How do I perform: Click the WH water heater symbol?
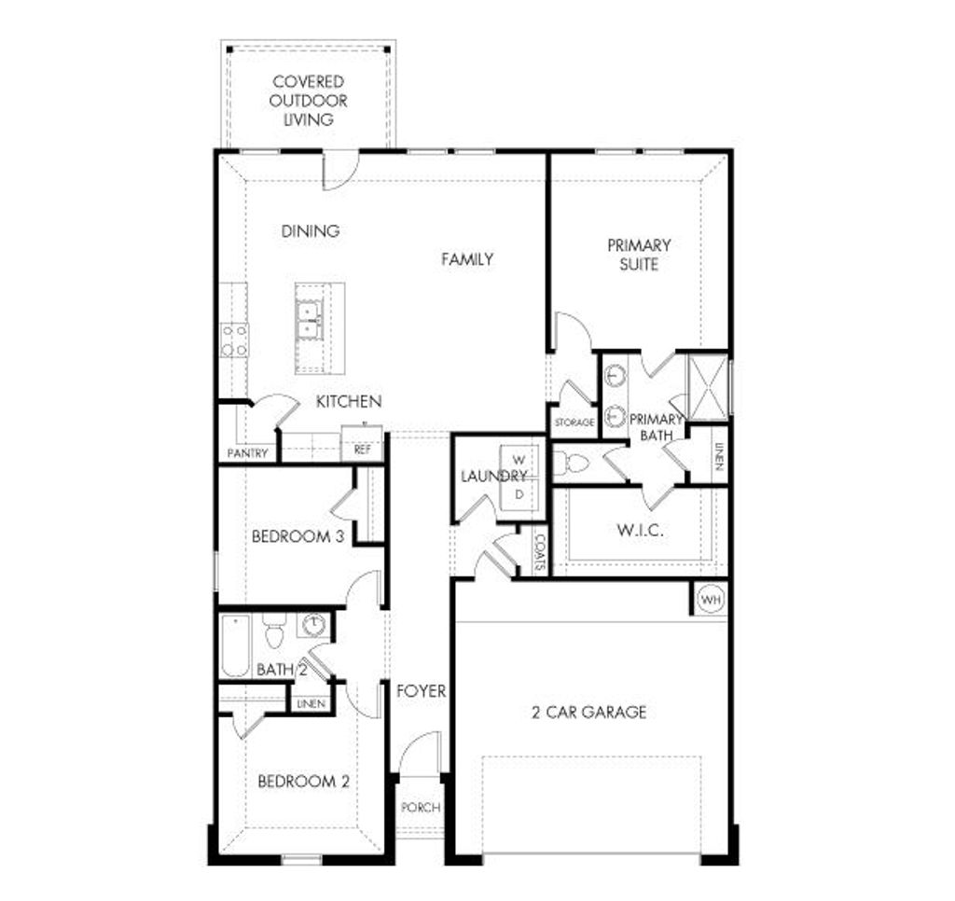click(x=712, y=598)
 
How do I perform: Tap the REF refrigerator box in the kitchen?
click(x=361, y=449)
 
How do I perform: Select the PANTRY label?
click(x=247, y=454)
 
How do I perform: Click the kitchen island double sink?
click(x=309, y=320)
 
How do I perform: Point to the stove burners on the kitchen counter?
click(x=235, y=340)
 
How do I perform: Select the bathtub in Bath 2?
click(x=235, y=645)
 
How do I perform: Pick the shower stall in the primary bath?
click(x=706, y=383)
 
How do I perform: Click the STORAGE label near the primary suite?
click(x=574, y=423)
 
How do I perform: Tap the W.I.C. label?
click(x=639, y=531)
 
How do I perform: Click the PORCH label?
click(x=420, y=808)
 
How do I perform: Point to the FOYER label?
click(x=421, y=692)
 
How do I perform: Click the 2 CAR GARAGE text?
click(x=588, y=713)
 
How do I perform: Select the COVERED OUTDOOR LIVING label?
click(x=309, y=101)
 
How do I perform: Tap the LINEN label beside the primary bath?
click(x=717, y=454)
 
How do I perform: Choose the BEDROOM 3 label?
click(x=291, y=537)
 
